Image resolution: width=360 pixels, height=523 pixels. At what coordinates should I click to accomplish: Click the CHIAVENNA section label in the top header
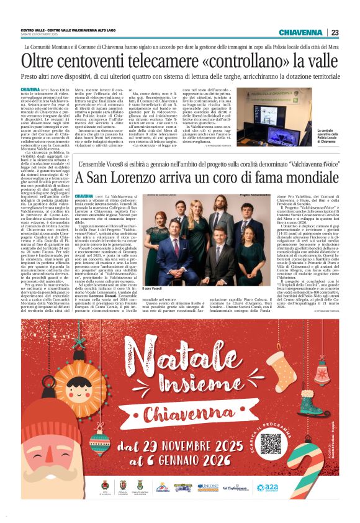click(300, 32)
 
